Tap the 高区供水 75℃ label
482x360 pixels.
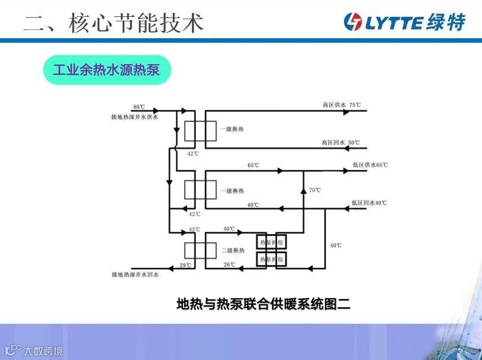pyautogui.click(x=341, y=105)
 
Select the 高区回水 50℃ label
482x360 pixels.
pyautogui.click(x=341, y=143)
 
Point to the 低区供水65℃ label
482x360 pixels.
pyautogui.click(x=370, y=165)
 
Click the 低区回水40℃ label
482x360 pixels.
pyautogui.click(x=369, y=202)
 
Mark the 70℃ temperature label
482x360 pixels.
pyautogui.click(x=315, y=190)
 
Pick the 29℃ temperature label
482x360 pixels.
pyautogui.click(x=185, y=264)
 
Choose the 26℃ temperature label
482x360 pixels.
pyautogui.click(x=229, y=264)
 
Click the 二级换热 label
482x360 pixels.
pyautogui.click(x=233, y=250)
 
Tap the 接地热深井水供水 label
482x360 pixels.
pyautogui.click(x=135, y=117)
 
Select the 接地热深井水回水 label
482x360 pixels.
pyautogui.click(x=135, y=274)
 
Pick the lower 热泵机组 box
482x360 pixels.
pyautogui.click(x=272, y=259)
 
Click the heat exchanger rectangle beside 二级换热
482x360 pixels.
pyautogui.click(x=200, y=250)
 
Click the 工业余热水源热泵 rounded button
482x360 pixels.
pyautogui.click(x=107, y=70)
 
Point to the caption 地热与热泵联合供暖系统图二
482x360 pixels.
pyautogui.click(x=264, y=304)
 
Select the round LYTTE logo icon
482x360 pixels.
pyautogui.click(x=353, y=22)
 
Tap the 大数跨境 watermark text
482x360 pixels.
pyautogui.click(x=43, y=352)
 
